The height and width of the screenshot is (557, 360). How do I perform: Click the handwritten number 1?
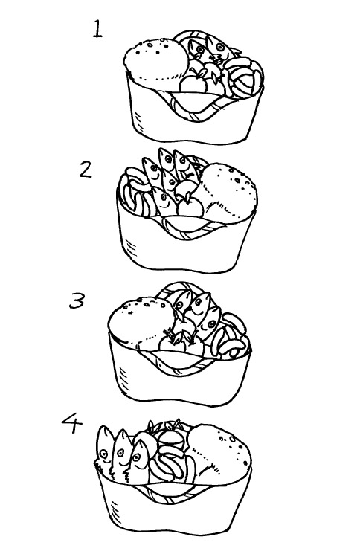(x=97, y=29)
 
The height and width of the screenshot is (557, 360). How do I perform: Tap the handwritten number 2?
(x=86, y=170)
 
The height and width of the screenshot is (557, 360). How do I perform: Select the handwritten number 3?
(x=77, y=300)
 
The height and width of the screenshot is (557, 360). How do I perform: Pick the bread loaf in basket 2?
(x=228, y=193)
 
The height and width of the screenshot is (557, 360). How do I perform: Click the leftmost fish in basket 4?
(x=105, y=448)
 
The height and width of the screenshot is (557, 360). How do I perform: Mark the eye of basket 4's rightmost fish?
(x=137, y=457)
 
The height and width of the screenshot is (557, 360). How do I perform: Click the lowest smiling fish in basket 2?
(x=164, y=202)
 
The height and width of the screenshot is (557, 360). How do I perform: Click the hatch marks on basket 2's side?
(x=131, y=247)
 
